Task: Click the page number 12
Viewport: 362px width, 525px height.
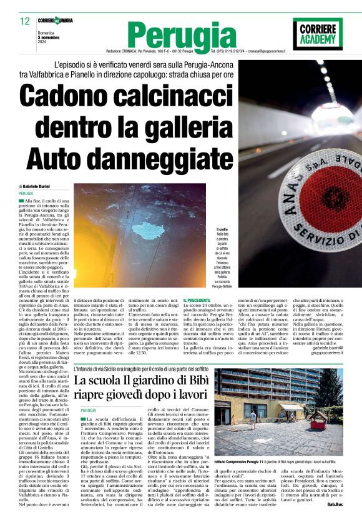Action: point(24,21)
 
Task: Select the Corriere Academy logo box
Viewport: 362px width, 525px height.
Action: point(317,33)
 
